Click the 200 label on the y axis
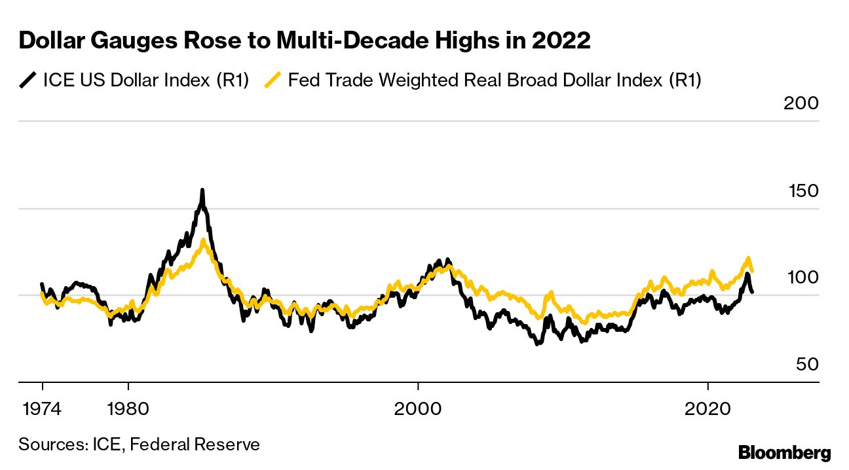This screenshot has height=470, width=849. (801, 104)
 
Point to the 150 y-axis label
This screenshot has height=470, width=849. (801, 191)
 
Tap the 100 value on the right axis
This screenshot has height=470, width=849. (801, 278)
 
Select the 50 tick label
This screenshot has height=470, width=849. (808, 365)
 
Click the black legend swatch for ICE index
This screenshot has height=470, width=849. (28, 81)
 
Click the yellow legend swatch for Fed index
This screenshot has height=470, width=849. (273, 81)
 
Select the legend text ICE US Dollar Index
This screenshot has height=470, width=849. (145, 81)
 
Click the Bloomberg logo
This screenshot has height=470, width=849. (784, 452)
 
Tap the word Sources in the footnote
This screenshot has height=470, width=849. (50, 445)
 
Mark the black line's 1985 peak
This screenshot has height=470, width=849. (202, 190)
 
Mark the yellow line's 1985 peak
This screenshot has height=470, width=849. (204, 240)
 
